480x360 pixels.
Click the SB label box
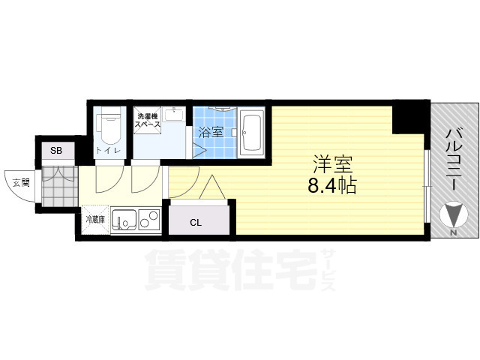coord(56,151)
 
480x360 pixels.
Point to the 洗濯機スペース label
coord(146,121)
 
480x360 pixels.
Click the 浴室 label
coord(211,133)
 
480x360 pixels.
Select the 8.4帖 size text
coord(331,186)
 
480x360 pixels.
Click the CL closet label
coord(196,222)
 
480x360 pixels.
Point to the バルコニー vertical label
coord(452,157)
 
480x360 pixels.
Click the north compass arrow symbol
coord(453,217)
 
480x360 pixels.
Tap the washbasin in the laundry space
coord(175,114)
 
